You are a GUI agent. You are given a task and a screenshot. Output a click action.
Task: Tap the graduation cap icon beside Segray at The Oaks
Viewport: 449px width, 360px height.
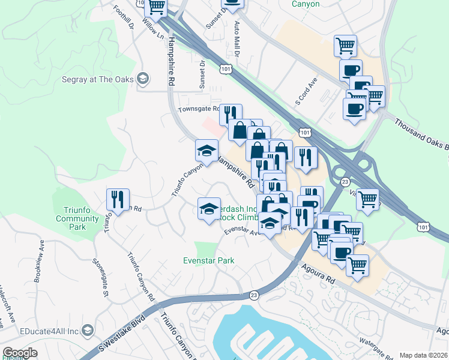click(143, 79)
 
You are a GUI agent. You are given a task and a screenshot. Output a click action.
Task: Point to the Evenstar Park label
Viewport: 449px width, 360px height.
click(208, 260)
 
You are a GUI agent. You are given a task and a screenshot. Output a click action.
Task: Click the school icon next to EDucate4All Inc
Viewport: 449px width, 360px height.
click(88, 331)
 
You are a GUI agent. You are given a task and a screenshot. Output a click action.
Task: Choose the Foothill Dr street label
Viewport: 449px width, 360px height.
click(123, 17)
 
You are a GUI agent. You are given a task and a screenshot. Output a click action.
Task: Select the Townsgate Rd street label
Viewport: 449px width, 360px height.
click(197, 110)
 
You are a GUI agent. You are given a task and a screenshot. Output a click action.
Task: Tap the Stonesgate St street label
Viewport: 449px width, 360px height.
click(99, 278)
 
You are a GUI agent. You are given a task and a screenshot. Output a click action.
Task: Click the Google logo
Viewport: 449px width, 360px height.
click(20, 353)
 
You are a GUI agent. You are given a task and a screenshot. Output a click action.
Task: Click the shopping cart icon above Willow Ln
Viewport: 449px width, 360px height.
click(156, 7)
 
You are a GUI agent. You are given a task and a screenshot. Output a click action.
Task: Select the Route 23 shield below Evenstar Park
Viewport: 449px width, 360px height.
click(254, 295)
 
